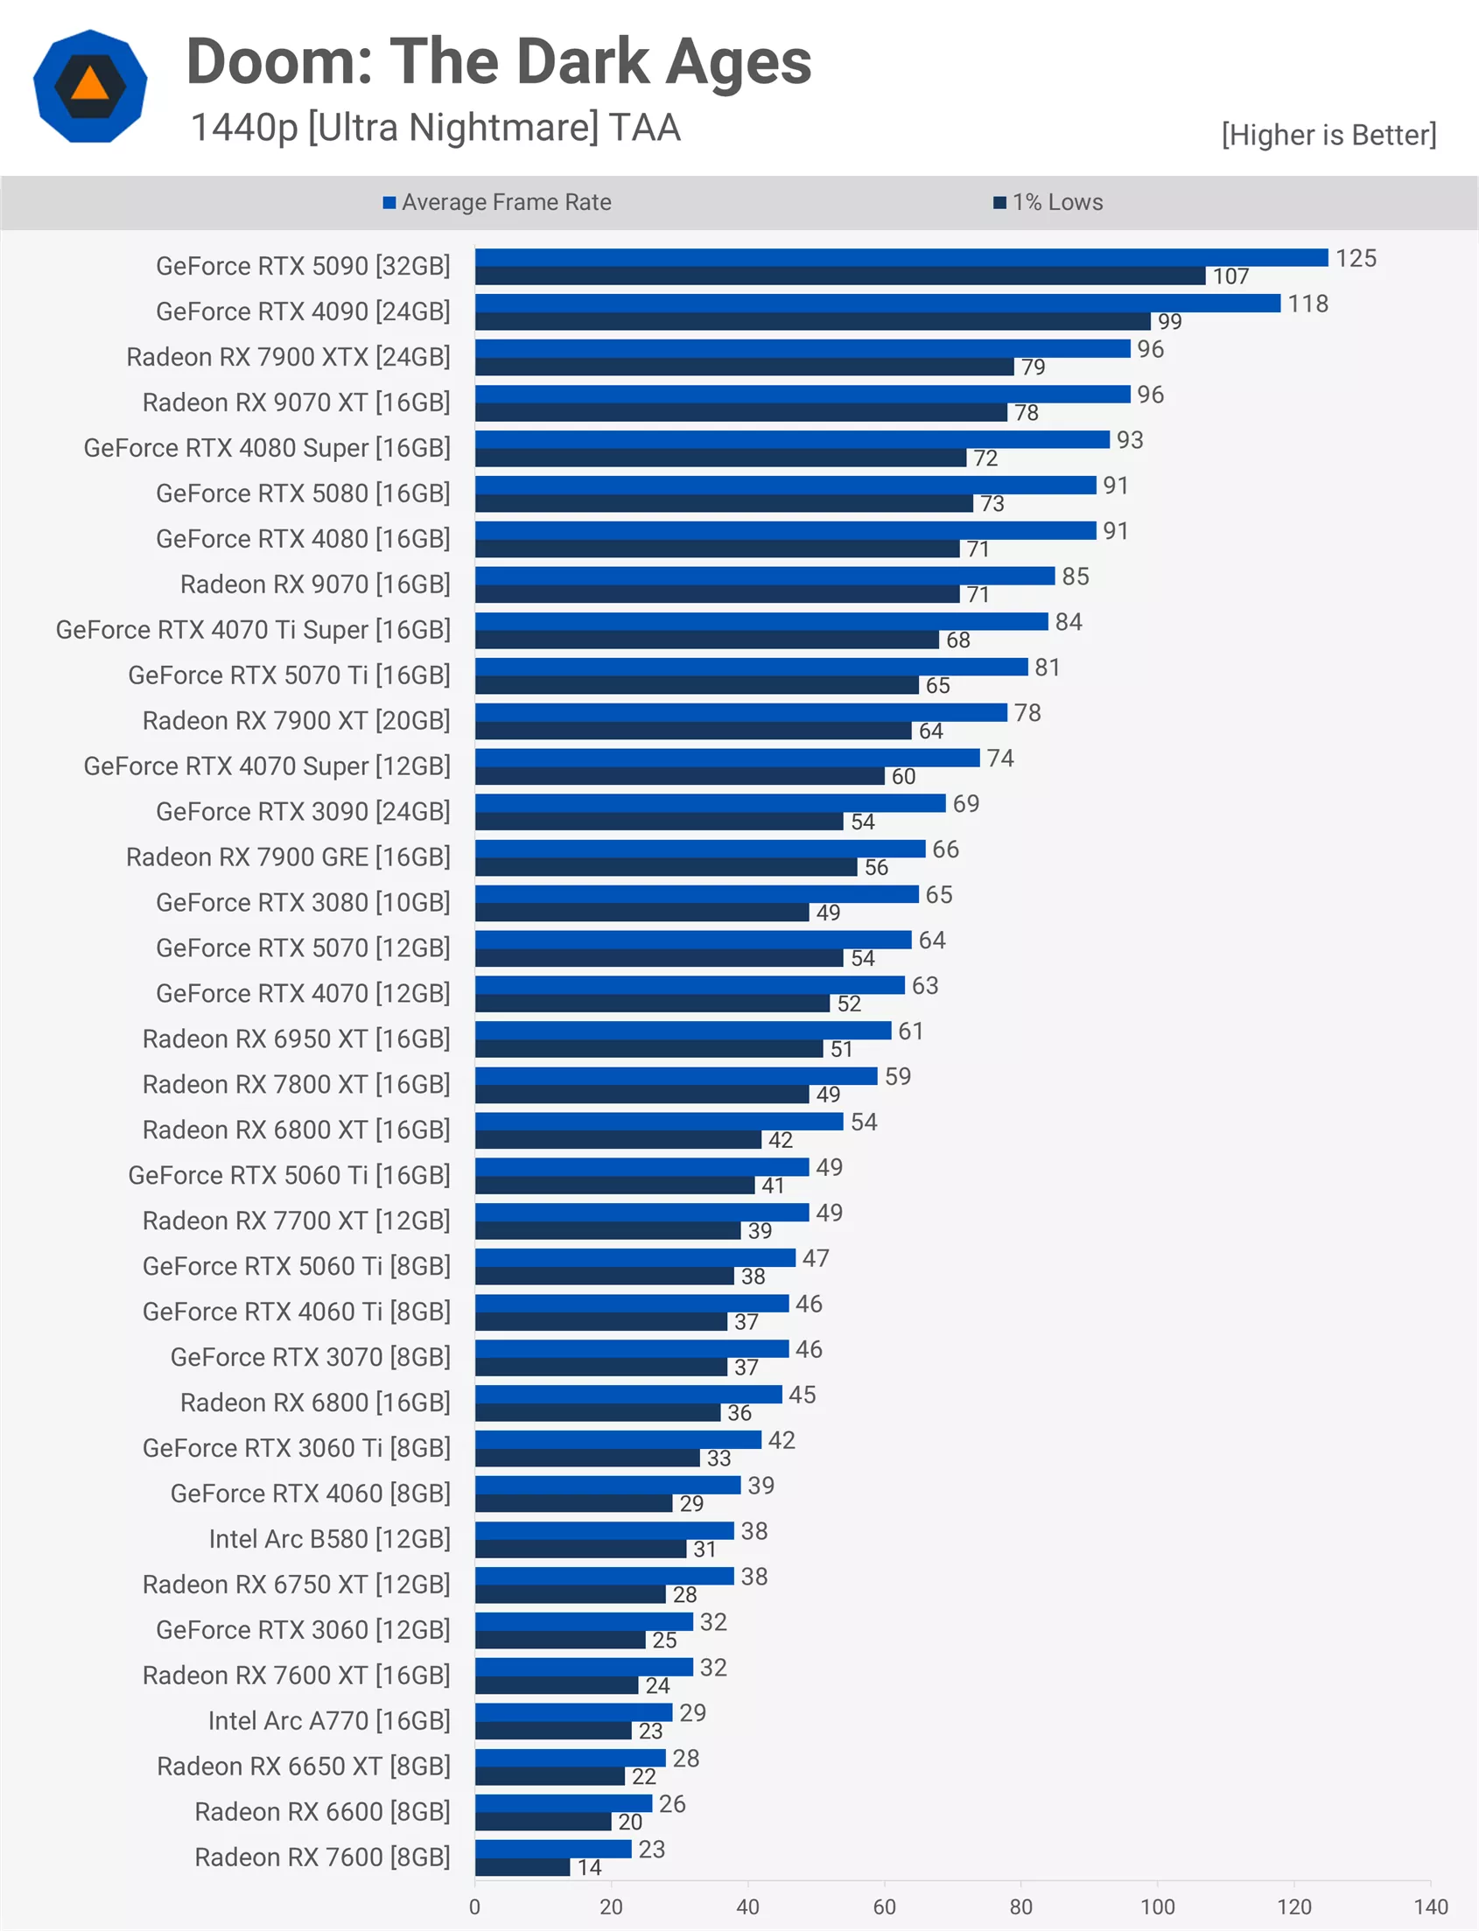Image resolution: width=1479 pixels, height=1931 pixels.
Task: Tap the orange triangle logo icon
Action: click(x=90, y=87)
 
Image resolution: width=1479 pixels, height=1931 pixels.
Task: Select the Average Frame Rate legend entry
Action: click(x=497, y=202)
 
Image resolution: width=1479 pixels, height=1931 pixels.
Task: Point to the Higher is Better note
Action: click(x=1328, y=135)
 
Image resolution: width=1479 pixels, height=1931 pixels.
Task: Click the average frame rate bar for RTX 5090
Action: click(x=901, y=257)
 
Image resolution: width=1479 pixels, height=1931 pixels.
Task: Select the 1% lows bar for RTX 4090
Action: click(x=812, y=321)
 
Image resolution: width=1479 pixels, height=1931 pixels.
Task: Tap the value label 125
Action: click(x=1355, y=258)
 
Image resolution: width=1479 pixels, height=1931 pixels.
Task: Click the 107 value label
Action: click(x=1230, y=276)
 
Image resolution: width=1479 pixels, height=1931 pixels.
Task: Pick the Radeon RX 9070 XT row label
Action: click(x=296, y=402)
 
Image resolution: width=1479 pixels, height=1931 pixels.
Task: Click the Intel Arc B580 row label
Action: click(x=329, y=1538)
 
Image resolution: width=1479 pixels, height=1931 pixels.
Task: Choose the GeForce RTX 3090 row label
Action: click(x=303, y=811)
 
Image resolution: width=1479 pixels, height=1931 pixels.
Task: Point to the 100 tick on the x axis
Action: click(x=1157, y=1907)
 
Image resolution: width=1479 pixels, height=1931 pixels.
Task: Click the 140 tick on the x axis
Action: click(x=1430, y=1907)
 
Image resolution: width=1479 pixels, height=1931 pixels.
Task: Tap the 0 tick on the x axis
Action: click(x=474, y=1907)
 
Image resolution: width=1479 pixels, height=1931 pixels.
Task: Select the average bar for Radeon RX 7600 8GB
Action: click(x=553, y=1848)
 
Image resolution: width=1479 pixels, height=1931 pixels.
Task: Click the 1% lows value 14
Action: click(x=589, y=1868)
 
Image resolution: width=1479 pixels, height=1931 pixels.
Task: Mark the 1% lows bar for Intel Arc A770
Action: click(x=553, y=1731)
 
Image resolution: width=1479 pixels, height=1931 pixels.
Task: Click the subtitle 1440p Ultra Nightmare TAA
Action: click(x=435, y=128)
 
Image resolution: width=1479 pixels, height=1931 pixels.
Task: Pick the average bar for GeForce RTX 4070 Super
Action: click(x=727, y=757)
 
